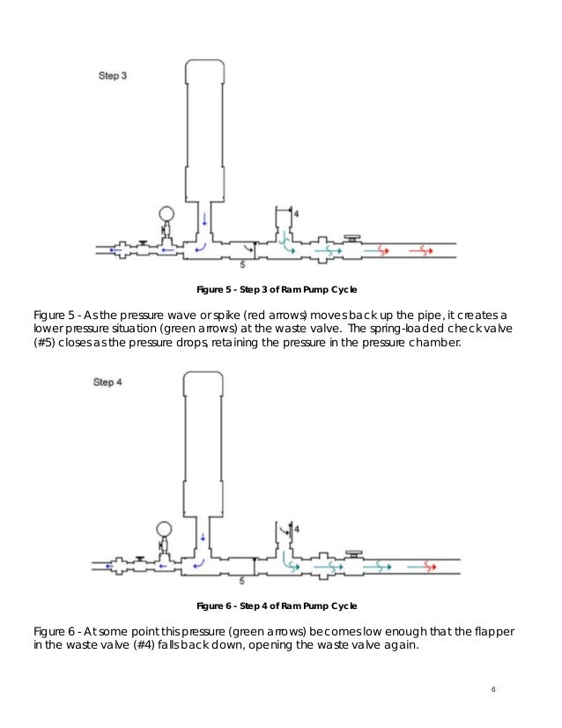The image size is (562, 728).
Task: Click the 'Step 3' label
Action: click(x=112, y=77)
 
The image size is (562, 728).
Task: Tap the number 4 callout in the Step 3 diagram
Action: click(x=296, y=214)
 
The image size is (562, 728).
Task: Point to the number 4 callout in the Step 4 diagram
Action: click(x=296, y=528)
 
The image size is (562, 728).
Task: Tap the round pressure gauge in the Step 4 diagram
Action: click(x=165, y=530)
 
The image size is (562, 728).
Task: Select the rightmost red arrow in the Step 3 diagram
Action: click(x=420, y=250)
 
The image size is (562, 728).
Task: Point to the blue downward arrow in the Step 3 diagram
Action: click(x=203, y=218)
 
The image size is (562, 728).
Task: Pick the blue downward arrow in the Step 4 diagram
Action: click(x=203, y=535)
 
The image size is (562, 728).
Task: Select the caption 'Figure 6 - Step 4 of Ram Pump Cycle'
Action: click(x=276, y=606)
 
